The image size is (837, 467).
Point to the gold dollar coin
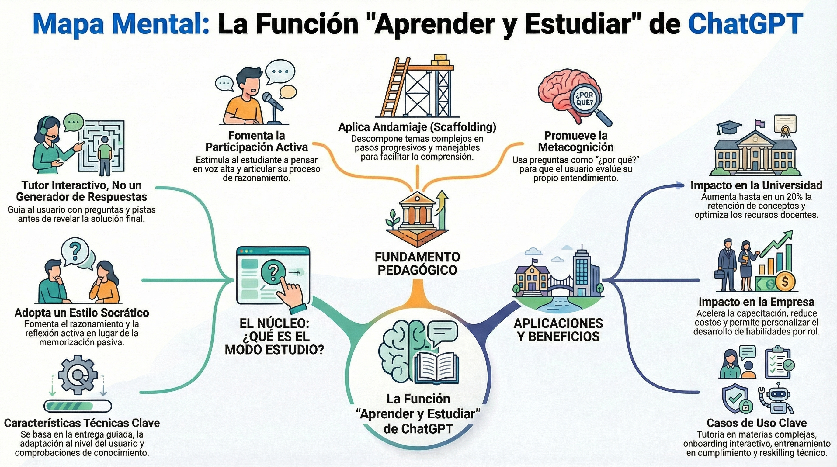[785, 282]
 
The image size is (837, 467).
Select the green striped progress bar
[77, 406]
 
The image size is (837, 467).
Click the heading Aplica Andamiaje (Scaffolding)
[417, 127]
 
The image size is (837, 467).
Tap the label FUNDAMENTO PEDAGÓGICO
[418, 263]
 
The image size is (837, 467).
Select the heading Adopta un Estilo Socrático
[82, 313]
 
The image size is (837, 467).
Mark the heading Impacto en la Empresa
[756, 302]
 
